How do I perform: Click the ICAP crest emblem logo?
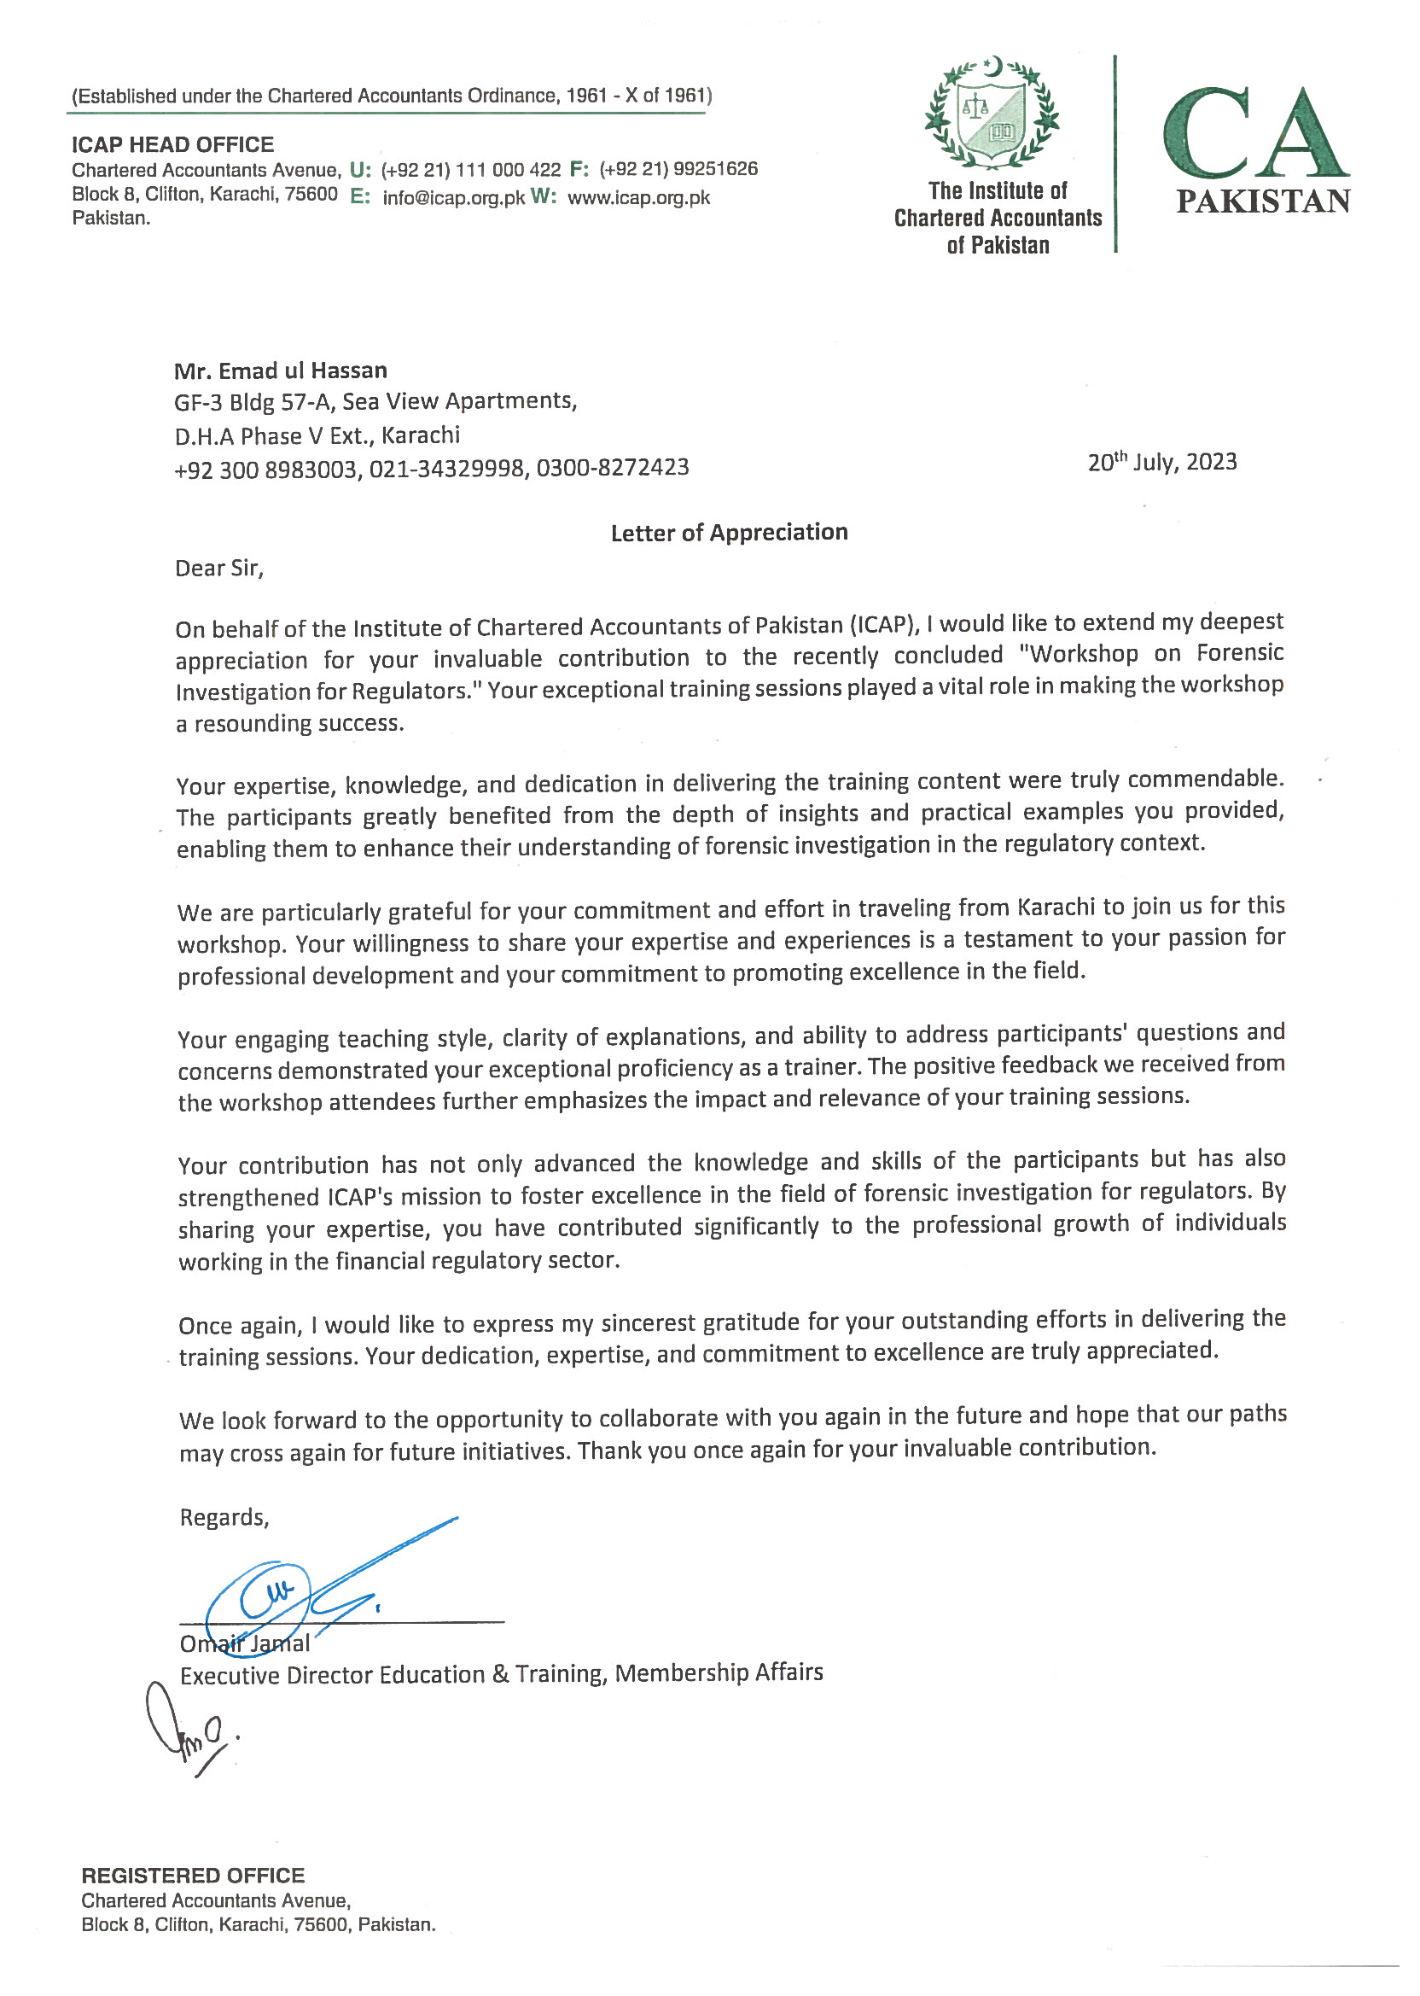[x=992, y=114]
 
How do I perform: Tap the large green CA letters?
[x=1255, y=133]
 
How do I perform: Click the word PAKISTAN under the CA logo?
[x=1263, y=202]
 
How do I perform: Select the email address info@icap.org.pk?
[x=453, y=198]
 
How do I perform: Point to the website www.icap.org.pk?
[x=638, y=198]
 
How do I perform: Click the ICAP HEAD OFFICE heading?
[x=172, y=144]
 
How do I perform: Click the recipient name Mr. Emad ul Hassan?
[x=280, y=371]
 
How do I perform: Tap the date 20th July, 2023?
[x=1161, y=462]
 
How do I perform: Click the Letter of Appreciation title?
[x=729, y=533]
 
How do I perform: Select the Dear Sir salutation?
[x=218, y=569]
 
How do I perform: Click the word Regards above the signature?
[x=224, y=1518]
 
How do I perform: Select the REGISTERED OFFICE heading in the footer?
[x=192, y=1876]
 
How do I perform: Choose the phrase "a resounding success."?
[x=289, y=724]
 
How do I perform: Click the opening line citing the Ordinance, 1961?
[x=391, y=96]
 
